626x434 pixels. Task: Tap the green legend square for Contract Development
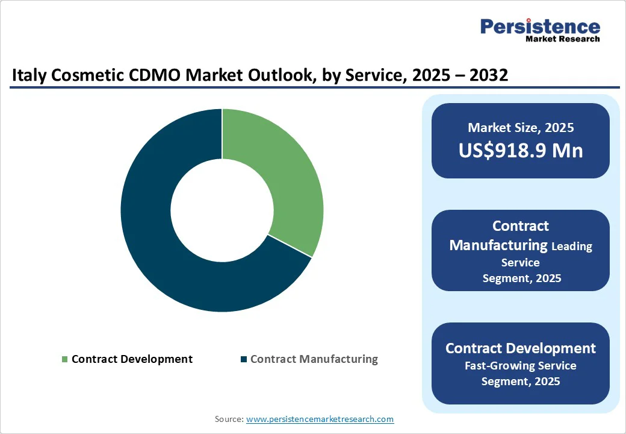pyautogui.click(x=64, y=359)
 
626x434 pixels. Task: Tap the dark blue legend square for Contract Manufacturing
pyautogui.click(x=243, y=359)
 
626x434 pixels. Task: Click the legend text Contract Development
pyautogui.click(x=132, y=359)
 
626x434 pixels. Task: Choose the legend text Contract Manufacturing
pyautogui.click(x=314, y=359)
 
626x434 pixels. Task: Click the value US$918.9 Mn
pyautogui.click(x=521, y=150)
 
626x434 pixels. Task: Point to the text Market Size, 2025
pyautogui.click(x=521, y=128)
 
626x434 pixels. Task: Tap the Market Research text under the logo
pyautogui.click(x=562, y=39)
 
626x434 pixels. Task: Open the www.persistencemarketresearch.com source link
pyautogui.click(x=320, y=419)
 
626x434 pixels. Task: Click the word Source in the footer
pyautogui.click(x=228, y=419)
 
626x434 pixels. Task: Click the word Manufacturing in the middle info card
pyautogui.click(x=498, y=245)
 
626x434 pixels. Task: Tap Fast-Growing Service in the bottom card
pyautogui.click(x=521, y=366)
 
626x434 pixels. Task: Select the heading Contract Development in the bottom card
pyautogui.click(x=521, y=348)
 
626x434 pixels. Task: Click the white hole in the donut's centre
pyautogui.click(x=222, y=210)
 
